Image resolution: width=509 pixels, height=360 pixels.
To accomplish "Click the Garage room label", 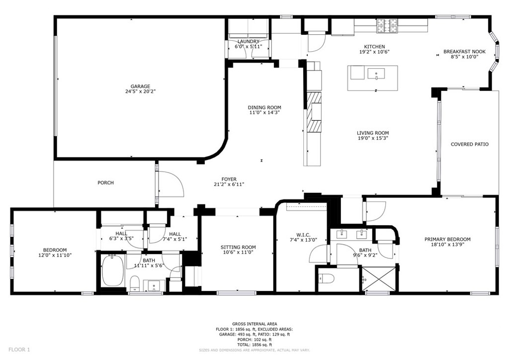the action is point(140,87).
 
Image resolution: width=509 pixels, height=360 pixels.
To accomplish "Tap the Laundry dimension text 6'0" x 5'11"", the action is point(249,46).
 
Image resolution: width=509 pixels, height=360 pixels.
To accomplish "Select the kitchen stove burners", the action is point(387,26).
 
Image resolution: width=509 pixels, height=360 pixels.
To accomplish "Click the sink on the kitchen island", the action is point(376,74).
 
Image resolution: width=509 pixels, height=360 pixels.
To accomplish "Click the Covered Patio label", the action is point(469,144).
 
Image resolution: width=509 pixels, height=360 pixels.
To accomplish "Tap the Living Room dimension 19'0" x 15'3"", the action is point(373,138).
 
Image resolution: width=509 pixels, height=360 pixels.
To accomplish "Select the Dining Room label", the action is point(264,107).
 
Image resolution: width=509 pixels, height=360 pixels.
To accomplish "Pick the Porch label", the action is point(106,183).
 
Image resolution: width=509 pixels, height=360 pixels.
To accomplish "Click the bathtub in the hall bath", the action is point(113,270).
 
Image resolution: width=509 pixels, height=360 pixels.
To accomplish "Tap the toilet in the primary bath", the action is point(327,278).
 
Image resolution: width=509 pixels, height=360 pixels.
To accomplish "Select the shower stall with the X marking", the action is point(378,279).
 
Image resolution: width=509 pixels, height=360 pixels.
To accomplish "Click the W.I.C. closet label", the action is point(303,235).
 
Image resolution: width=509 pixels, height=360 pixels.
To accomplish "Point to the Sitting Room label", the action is point(238,247).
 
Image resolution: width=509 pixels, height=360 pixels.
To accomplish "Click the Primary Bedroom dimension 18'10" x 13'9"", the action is point(447,245).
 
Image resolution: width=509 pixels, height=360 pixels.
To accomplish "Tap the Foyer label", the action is point(229,179).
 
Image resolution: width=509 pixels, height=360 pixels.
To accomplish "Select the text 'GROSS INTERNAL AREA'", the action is point(254,324).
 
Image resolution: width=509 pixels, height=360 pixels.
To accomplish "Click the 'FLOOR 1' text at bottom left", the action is point(19,350).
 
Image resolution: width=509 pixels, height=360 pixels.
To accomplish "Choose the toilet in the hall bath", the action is point(135,283).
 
